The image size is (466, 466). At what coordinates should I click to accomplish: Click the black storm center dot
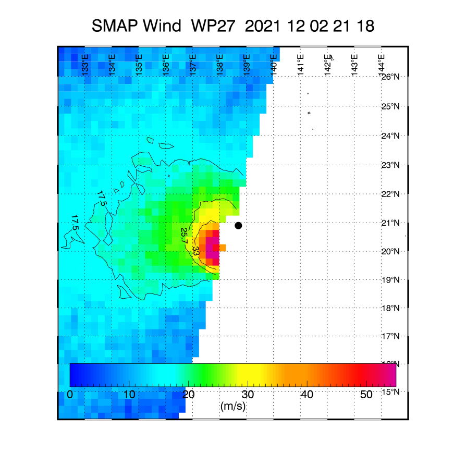pos(238,226)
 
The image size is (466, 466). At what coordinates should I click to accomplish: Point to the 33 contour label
pos(196,251)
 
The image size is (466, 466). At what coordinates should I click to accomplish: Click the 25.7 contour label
pos(184,236)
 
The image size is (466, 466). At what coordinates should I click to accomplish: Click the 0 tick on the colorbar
pos(70,395)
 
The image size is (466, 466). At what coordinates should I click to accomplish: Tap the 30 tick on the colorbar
pos(248,395)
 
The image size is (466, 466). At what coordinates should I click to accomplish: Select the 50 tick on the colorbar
pos(366,395)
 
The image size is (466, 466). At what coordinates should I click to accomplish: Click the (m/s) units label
pos(233,406)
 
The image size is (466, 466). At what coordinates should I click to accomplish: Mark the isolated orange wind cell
pos(223,248)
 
